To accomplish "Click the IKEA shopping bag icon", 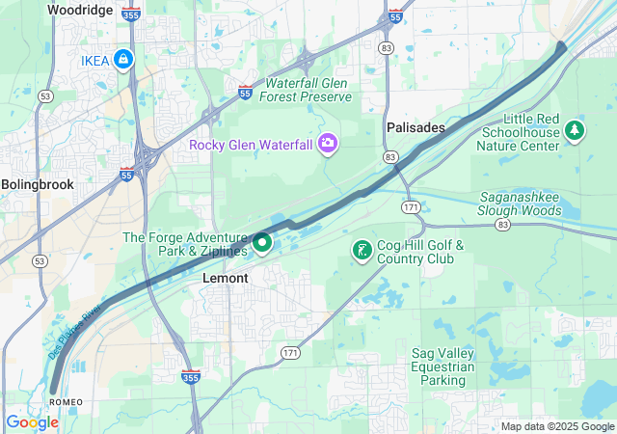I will [122, 60].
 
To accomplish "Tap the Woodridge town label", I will [80, 10].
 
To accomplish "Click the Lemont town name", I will [226, 278].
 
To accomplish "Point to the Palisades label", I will [416, 127].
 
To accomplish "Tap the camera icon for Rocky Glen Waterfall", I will [328, 144].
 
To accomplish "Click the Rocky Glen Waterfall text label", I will [251, 145].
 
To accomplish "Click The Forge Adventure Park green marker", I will [261, 242].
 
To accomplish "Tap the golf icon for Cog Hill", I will [362, 251].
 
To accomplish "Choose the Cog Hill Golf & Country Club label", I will [420, 252].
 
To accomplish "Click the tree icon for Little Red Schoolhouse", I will [575, 129].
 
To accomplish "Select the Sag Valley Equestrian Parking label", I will [443, 366].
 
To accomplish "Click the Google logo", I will [32, 422].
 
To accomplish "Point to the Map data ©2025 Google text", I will [556, 426].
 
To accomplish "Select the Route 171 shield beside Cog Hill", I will [412, 207].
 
